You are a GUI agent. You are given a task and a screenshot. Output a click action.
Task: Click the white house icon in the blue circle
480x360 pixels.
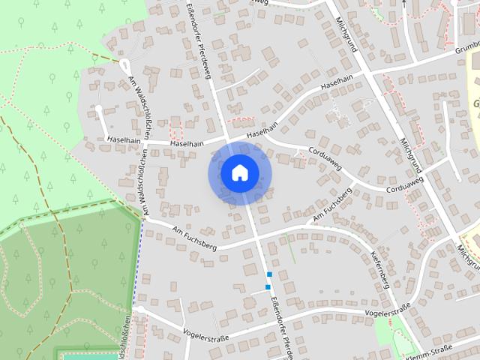[x=238, y=172]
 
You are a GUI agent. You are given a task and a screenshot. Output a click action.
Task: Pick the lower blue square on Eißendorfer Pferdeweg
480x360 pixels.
[x=268, y=287]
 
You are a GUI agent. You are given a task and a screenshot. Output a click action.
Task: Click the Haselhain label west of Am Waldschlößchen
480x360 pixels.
[x=124, y=139]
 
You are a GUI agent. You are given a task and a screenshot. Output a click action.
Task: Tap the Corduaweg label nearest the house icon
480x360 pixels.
[x=324, y=156]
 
